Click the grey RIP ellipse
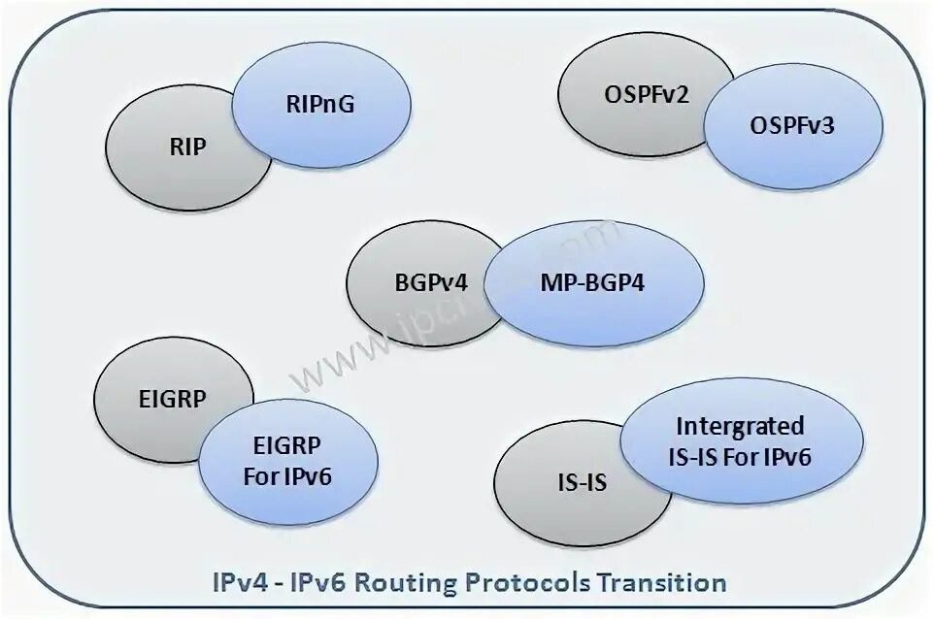pos(175,155)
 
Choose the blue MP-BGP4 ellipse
pos(592,285)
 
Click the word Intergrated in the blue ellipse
pos(741,426)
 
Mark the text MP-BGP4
pos(592,285)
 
